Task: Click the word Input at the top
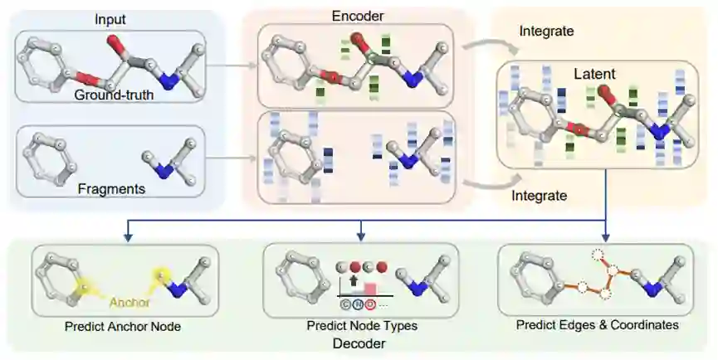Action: click(x=111, y=18)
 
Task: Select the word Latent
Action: click(x=594, y=75)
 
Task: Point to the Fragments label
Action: click(x=112, y=189)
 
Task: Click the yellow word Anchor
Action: click(x=129, y=302)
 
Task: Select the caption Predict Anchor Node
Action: click(x=123, y=327)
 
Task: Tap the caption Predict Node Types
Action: click(x=361, y=326)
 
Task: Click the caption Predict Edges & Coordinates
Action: click(x=597, y=325)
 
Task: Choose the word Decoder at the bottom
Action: click(x=360, y=343)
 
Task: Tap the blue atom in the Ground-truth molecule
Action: click(x=170, y=80)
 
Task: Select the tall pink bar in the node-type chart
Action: click(x=371, y=289)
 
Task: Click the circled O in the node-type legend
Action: click(x=369, y=303)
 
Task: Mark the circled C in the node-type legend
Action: click(x=344, y=303)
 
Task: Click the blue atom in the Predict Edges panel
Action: click(x=653, y=289)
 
